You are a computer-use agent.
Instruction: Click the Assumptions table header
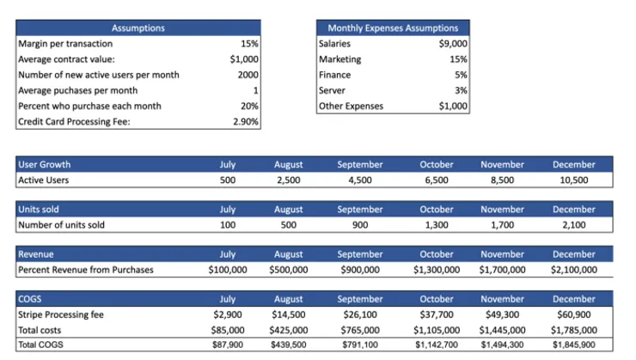pyautogui.click(x=138, y=28)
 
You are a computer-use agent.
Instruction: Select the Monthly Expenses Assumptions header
pyautogui.click(x=393, y=28)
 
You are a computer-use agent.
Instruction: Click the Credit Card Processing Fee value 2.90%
pyautogui.click(x=246, y=122)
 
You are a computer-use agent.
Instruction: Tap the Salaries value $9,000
pyautogui.click(x=453, y=43)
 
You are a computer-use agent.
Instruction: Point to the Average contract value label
pyautogui.click(x=66, y=59)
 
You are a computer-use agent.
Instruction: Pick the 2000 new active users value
pyautogui.click(x=248, y=75)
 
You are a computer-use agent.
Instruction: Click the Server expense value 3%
pyautogui.click(x=461, y=90)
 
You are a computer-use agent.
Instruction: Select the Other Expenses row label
pyautogui.click(x=351, y=106)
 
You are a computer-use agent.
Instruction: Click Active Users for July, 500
pyautogui.click(x=228, y=180)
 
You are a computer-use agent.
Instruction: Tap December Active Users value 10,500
pyautogui.click(x=573, y=180)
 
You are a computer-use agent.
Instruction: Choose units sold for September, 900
pyautogui.click(x=360, y=225)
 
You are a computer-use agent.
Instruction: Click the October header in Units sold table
pyautogui.click(x=437, y=209)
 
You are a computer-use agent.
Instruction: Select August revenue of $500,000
pyautogui.click(x=289, y=270)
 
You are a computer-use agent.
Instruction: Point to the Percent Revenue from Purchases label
pyautogui.click(x=86, y=270)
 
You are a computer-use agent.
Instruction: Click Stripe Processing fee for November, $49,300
pyautogui.click(x=502, y=314)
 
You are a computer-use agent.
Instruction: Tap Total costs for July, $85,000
pyautogui.click(x=228, y=330)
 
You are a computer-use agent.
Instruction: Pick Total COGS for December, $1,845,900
pyautogui.click(x=573, y=345)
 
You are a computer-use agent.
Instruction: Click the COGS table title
pyautogui.click(x=29, y=299)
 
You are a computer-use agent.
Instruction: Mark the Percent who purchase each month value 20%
pyautogui.click(x=249, y=106)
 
